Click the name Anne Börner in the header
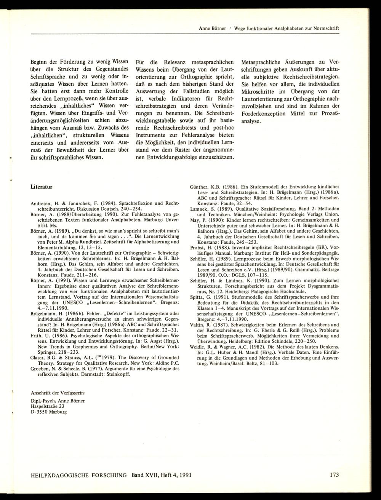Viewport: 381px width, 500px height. click(212, 29)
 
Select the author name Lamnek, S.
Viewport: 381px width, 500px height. click(202, 209)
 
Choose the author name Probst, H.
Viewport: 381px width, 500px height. click(200, 246)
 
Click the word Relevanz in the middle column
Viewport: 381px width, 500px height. click(166, 62)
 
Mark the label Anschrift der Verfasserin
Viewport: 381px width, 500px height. click(58, 392)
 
